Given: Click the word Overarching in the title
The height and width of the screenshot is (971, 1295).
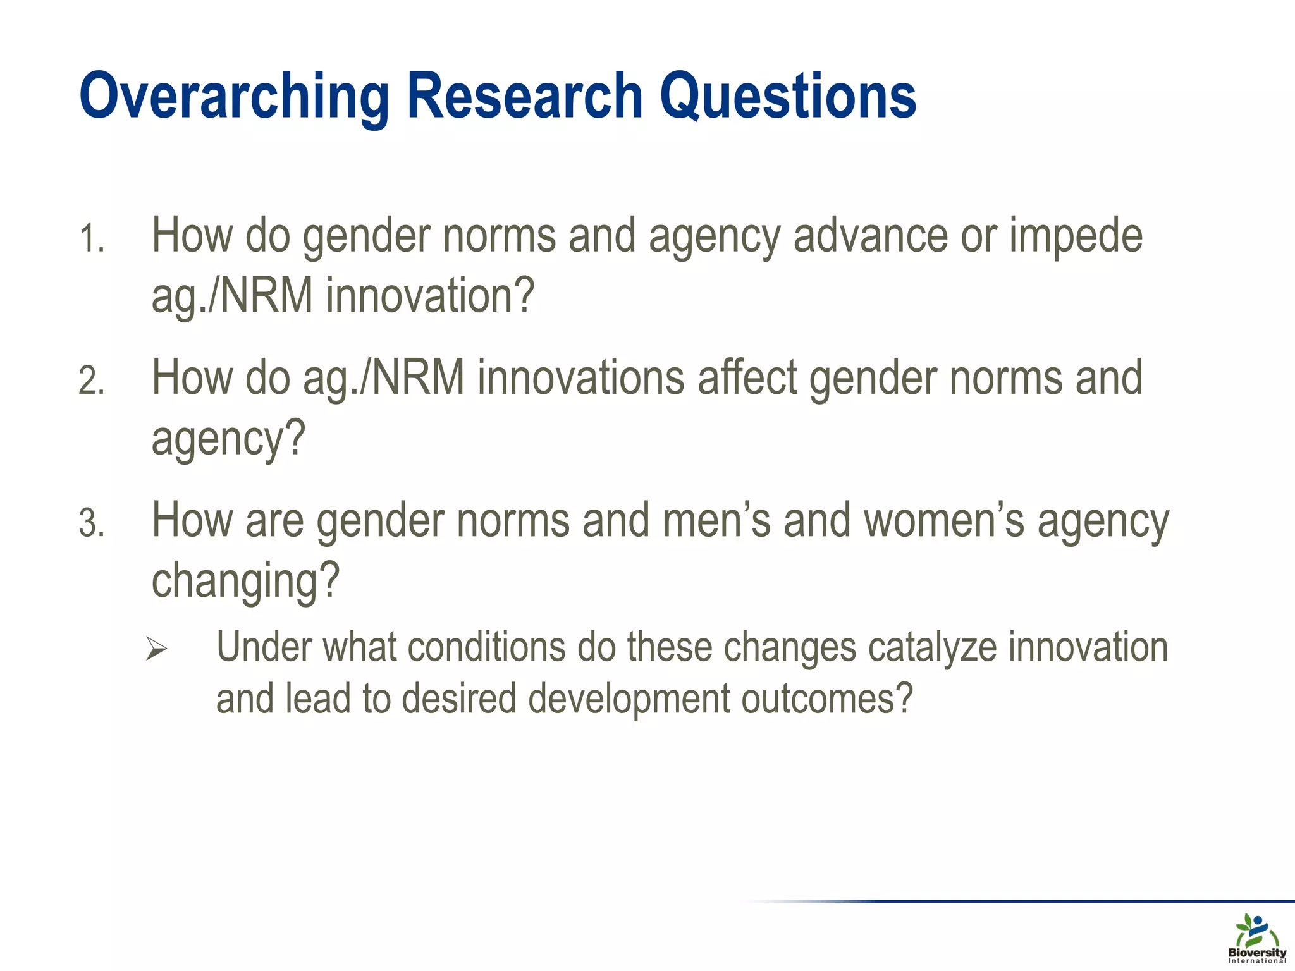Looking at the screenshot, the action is pos(233,96).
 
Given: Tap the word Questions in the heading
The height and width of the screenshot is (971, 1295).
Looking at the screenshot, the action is pos(788,96).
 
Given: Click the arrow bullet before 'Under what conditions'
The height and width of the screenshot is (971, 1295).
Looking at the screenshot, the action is pos(156,649).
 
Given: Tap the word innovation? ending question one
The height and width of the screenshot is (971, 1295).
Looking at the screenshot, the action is pos(431,296).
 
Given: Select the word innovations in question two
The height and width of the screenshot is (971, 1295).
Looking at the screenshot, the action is pos(581,378).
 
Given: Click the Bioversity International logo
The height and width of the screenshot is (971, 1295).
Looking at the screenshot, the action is pos(1256,939).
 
